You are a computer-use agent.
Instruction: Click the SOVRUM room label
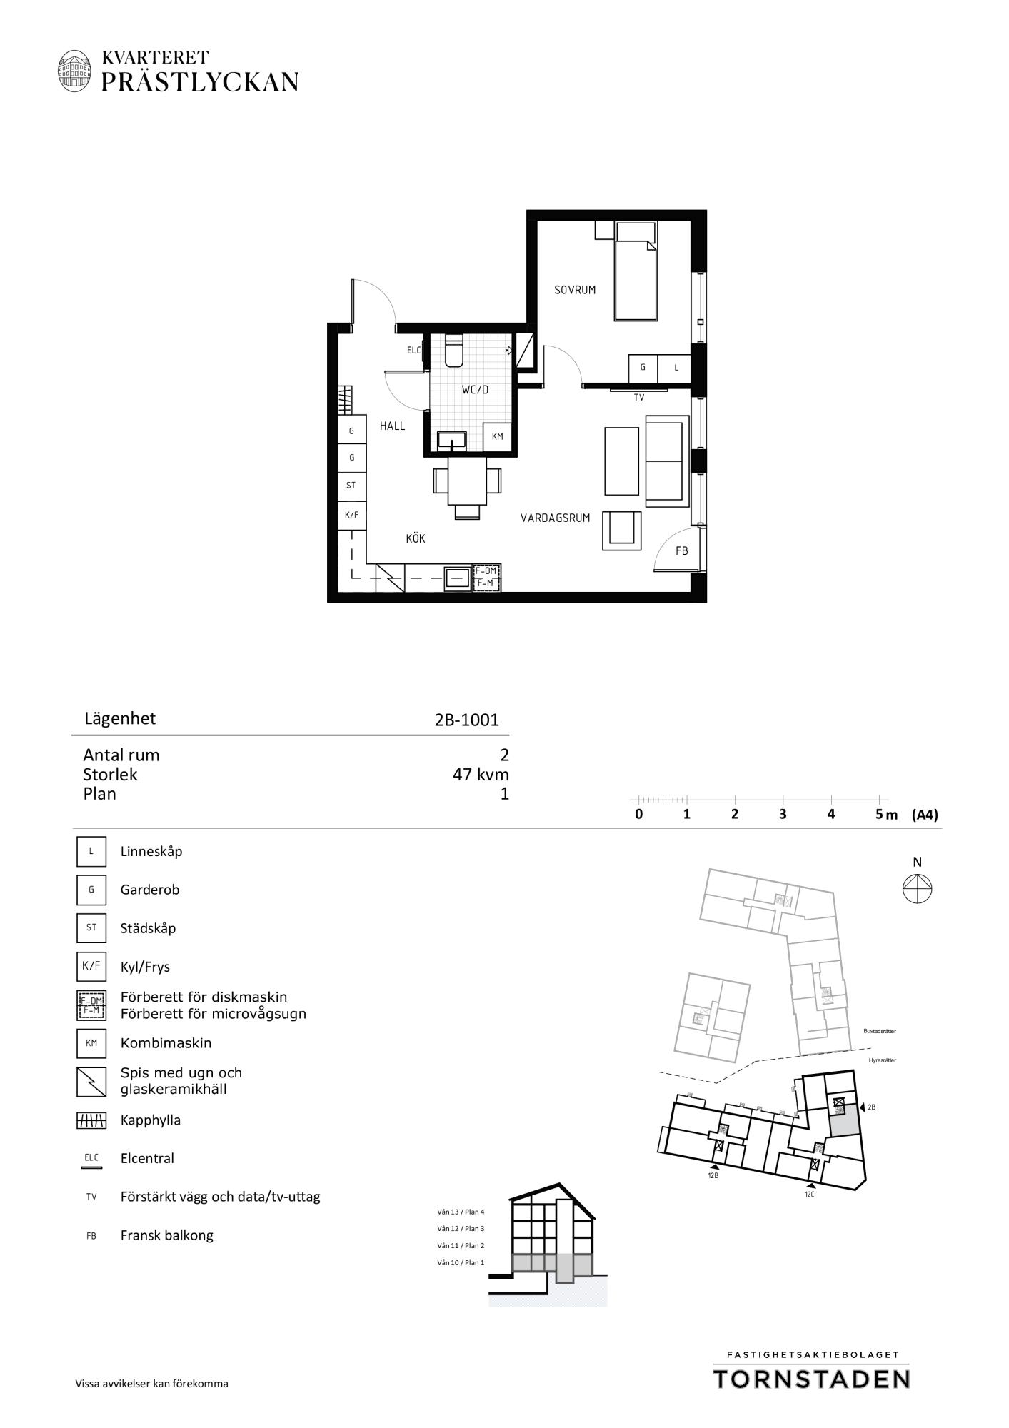(575, 290)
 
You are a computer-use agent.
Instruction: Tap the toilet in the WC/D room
(454, 350)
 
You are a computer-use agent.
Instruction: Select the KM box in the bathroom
(498, 437)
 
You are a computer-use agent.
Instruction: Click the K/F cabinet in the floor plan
(351, 515)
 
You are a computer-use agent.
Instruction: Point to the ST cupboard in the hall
(351, 486)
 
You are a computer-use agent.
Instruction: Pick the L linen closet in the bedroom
(676, 368)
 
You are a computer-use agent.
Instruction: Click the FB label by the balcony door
(682, 551)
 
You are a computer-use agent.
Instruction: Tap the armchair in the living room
(622, 531)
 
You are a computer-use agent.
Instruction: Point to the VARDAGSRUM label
(556, 518)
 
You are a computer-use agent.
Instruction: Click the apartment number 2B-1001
(467, 720)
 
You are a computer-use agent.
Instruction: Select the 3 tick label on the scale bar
(783, 814)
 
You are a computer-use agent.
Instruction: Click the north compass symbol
(918, 890)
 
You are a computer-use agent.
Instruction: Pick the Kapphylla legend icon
(91, 1121)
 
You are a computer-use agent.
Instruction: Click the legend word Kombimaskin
(166, 1043)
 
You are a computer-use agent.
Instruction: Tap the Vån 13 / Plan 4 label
(461, 1212)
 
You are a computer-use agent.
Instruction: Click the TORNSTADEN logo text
(811, 1378)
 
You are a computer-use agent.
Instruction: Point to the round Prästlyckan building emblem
(75, 70)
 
